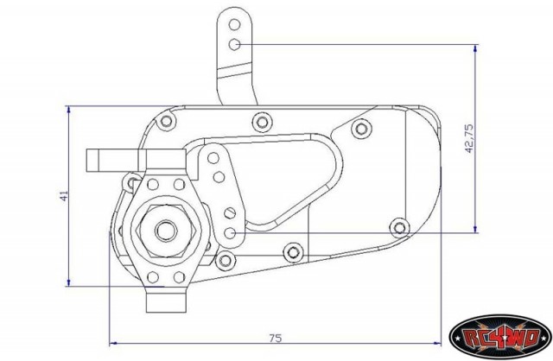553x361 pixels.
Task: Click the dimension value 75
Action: (x=276, y=338)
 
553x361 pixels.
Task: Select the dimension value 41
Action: (x=64, y=196)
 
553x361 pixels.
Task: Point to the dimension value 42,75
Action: (x=468, y=138)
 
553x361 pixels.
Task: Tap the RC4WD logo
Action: (x=500, y=338)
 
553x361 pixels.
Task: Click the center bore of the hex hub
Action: (x=166, y=231)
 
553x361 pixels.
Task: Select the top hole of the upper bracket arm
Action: (x=234, y=25)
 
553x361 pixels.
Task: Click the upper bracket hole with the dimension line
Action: (x=234, y=44)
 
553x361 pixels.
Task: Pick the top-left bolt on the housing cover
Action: (x=166, y=121)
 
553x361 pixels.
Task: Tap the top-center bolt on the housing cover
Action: (x=262, y=122)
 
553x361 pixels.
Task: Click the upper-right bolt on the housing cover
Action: (x=361, y=129)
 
